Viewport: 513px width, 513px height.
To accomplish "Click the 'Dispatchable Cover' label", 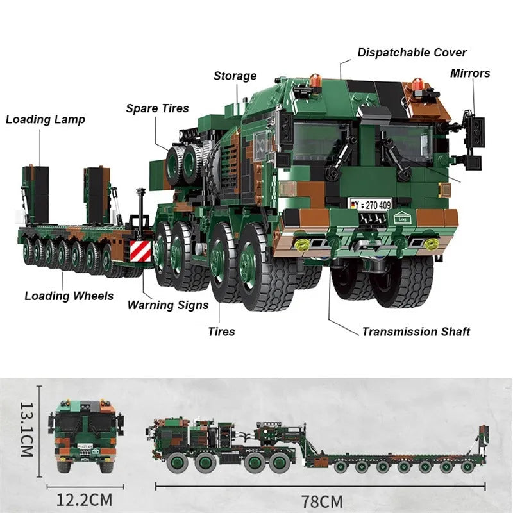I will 412,53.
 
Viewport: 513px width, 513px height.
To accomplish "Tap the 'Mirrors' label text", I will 469,73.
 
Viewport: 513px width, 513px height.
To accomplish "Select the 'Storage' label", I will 235,76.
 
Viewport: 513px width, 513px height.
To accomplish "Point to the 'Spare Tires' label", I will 157,108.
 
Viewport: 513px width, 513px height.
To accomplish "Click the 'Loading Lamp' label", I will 46,119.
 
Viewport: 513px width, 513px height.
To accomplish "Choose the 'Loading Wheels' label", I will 69,296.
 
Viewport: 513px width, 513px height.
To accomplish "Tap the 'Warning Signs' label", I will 168,305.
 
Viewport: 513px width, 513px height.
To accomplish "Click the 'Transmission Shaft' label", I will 416,332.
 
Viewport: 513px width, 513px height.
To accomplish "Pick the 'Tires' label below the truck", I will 221,332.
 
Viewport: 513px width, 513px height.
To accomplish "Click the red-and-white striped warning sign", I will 140,251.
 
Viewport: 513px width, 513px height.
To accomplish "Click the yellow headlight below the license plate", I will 303,244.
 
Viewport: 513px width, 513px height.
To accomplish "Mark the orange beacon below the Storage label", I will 315,81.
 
